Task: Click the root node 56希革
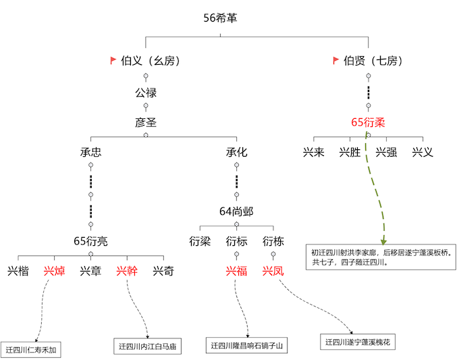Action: pos(220,18)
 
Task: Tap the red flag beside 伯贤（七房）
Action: pos(335,61)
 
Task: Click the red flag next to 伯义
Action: pos(113,61)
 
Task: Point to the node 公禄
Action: pos(146,92)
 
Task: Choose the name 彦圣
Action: pos(146,122)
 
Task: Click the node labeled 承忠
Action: pos(91,153)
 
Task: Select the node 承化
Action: pos(236,153)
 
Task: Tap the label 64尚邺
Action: pos(236,211)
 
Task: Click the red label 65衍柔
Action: pos(368,122)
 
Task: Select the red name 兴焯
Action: pos(55,272)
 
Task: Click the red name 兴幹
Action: pos(128,272)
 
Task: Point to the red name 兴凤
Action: pos(273,272)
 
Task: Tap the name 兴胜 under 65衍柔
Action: pos(350,153)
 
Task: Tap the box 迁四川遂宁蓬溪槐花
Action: pos(357,342)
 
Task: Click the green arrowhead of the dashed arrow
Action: pos(383,240)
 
